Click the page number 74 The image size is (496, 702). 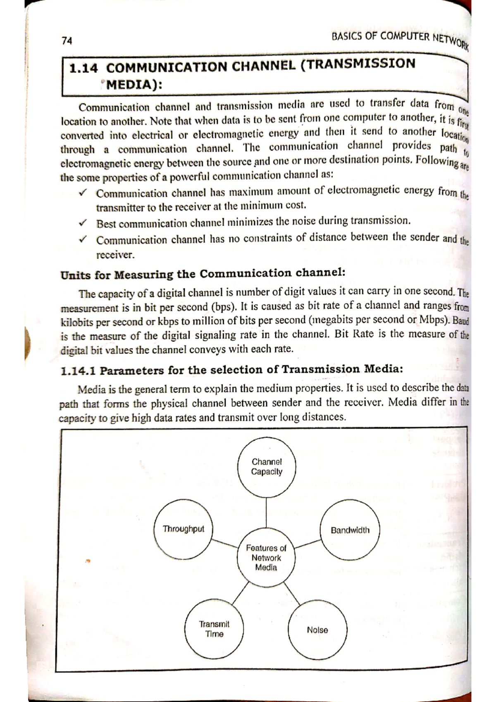[x=67, y=41]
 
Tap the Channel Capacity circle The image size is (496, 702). [x=267, y=467]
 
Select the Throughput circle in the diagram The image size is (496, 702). [x=183, y=529]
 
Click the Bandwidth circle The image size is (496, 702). [x=350, y=530]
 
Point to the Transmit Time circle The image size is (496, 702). [x=214, y=629]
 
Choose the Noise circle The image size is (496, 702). [x=317, y=630]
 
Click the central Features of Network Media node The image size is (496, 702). [x=266, y=557]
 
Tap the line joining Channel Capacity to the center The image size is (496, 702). [x=267, y=512]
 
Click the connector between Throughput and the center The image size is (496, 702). [x=225, y=542]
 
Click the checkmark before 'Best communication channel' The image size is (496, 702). [x=83, y=223]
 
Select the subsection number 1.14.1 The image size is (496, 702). [x=78, y=371]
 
